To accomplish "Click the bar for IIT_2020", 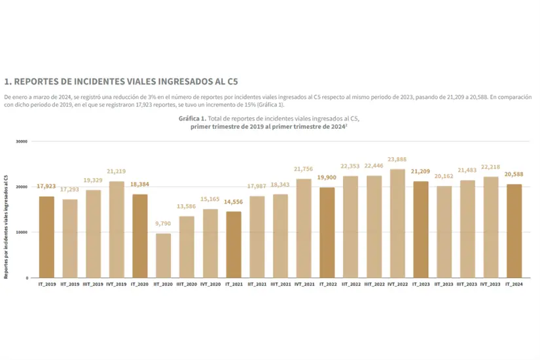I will (163, 255).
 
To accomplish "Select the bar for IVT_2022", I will (397, 223).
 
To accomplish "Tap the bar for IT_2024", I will (514, 230).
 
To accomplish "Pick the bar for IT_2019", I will (46, 236).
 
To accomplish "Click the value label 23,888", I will (397, 159).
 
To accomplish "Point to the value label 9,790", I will (163, 223).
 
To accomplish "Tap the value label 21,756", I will (304, 169).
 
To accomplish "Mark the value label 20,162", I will (444, 176).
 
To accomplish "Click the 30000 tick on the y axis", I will (22, 141).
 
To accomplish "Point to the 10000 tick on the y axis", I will (22, 232).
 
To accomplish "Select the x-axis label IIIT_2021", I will (280, 285).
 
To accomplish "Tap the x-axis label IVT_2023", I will (490, 285).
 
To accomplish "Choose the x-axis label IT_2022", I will (327, 285).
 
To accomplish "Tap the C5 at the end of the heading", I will (230, 82).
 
